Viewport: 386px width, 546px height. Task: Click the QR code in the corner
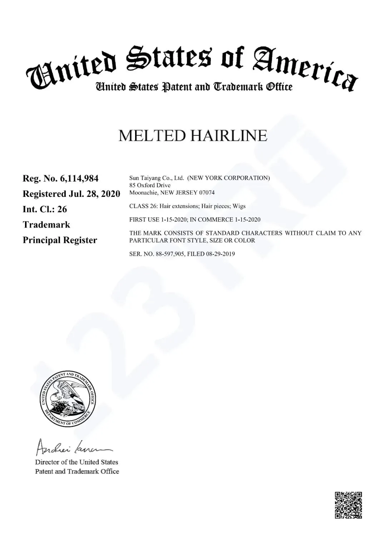tap(348, 505)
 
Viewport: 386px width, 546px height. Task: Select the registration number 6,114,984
tap(79, 178)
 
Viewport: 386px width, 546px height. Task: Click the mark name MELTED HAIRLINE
tap(193, 136)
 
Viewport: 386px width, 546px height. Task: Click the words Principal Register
tap(60, 240)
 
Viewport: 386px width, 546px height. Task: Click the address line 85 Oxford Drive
tap(150, 185)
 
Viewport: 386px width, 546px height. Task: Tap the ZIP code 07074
tap(207, 193)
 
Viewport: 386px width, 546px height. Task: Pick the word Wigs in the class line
tap(239, 206)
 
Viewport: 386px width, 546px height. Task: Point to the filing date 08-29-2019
tap(221, 254)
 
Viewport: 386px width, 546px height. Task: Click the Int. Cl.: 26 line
tap(45, 209)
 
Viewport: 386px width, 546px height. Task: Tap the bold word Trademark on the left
tap(46, 225)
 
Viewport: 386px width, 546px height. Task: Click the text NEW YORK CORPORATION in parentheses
tap(229, 178)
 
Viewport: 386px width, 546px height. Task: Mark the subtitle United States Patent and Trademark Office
tap(193, 87)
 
